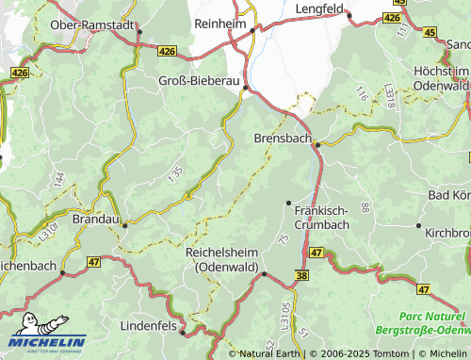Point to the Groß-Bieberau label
(199, 80)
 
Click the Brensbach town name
(282, 138)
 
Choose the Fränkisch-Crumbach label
(321, 217)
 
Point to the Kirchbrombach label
(448, 231)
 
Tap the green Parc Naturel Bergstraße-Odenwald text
(422, 323)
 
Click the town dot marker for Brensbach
(317, 144)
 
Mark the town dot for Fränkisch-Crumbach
(288, 203)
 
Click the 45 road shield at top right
(430, 32)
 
